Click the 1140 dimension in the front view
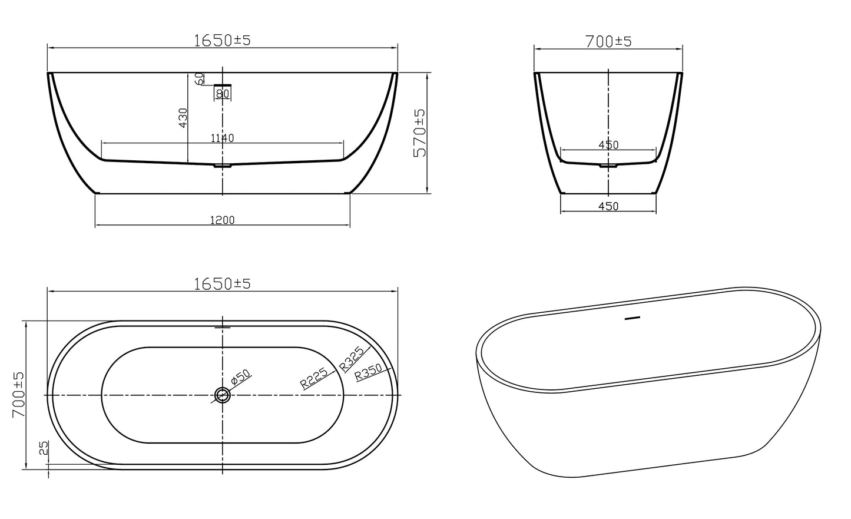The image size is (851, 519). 222,138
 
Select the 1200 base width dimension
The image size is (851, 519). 222,220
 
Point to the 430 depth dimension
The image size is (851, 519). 183,118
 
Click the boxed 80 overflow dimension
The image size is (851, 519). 223,93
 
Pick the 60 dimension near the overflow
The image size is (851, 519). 200,78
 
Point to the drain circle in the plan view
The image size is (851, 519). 222,395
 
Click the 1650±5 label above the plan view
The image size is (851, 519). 222,283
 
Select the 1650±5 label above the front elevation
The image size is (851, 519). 222,40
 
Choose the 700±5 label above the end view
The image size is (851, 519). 608,41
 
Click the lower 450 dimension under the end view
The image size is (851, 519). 608,206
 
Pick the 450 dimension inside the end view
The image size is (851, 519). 608,145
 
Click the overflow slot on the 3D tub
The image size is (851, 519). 631,319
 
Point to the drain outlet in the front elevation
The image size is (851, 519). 222,166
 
